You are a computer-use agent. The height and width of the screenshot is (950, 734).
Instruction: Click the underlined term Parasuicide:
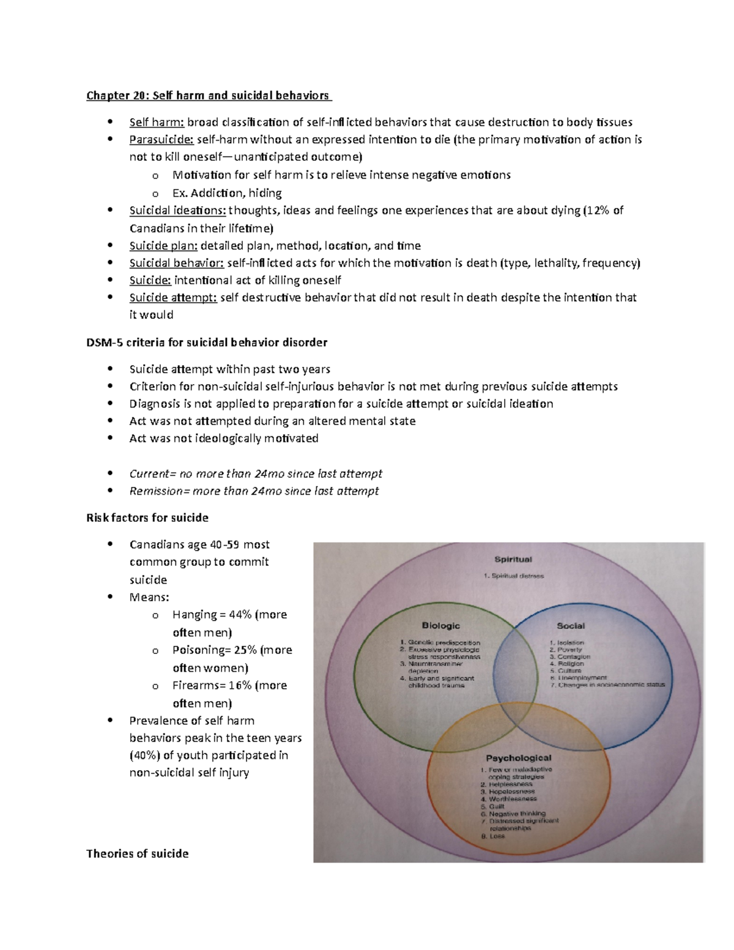click(161, 139)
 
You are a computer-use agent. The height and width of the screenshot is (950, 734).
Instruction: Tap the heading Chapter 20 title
click(208, 95)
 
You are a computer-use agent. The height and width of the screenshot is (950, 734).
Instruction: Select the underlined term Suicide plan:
click(163, 246)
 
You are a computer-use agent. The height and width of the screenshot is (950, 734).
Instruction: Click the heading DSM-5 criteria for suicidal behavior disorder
click(207, 343)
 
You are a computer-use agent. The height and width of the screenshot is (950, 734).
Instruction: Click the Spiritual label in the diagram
click(513, 559)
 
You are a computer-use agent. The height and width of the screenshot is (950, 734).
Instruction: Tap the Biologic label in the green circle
click(440, 626)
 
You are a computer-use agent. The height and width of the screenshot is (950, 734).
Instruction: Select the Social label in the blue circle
click(570, 626)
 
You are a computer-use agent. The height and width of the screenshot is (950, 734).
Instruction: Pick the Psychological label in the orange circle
click(519, 758)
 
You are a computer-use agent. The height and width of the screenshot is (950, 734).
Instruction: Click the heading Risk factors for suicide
click(147, 518)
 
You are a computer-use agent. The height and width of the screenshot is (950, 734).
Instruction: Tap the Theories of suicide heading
click(138, 853)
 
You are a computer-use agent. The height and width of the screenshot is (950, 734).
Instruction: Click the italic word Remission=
click(157, 491)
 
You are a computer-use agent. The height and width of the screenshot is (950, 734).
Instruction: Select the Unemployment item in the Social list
click(581, 678)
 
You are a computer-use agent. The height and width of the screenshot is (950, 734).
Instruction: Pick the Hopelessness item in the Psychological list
click(511, 792)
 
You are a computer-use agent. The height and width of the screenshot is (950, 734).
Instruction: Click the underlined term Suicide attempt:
click(173, 298)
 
